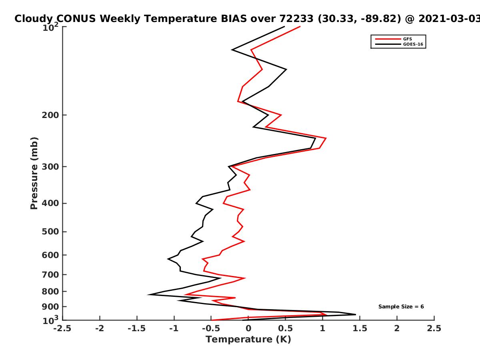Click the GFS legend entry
coord(394,39)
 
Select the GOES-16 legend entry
coord(399,44)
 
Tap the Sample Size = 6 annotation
coord(401,307)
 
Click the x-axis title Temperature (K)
coord(248,340)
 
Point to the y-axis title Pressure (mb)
coord(34,173)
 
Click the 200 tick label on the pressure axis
coord(50,115)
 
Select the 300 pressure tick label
coord(50,167)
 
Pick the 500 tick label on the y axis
coord(50,232)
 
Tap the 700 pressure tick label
coord(50,274)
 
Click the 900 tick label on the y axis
coord(50,307)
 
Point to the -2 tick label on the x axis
coord(100,328)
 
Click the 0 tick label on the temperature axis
coord(248,328)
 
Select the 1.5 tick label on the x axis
coord(360,328)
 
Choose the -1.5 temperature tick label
coord(137,328)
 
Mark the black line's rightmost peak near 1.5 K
coord(356,314)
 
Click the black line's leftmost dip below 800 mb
coord(148,294)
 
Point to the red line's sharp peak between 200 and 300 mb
coord(326,138)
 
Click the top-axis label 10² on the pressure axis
coord(50,27)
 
